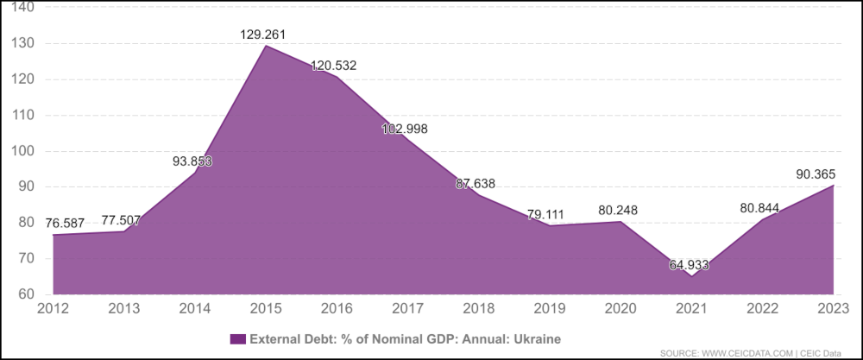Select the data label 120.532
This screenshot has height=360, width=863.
point(334,66)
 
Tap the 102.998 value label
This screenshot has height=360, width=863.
point(405,129)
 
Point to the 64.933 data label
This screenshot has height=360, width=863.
point(689,264)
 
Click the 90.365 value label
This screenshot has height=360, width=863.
point(816,174)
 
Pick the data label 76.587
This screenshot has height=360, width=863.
point(65,224)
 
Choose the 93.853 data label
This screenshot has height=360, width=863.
point(192,161)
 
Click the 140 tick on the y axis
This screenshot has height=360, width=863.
point(23,8)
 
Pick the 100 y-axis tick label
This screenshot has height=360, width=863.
point(23,151)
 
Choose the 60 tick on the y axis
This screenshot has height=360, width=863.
point(27,294)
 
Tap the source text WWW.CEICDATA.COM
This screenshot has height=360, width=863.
point(743,352)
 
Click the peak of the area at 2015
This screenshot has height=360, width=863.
point(266,45)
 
